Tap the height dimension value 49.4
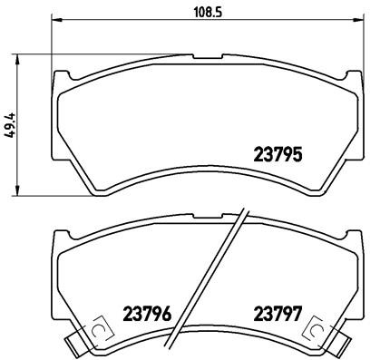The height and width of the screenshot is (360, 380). tap(11, 123)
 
